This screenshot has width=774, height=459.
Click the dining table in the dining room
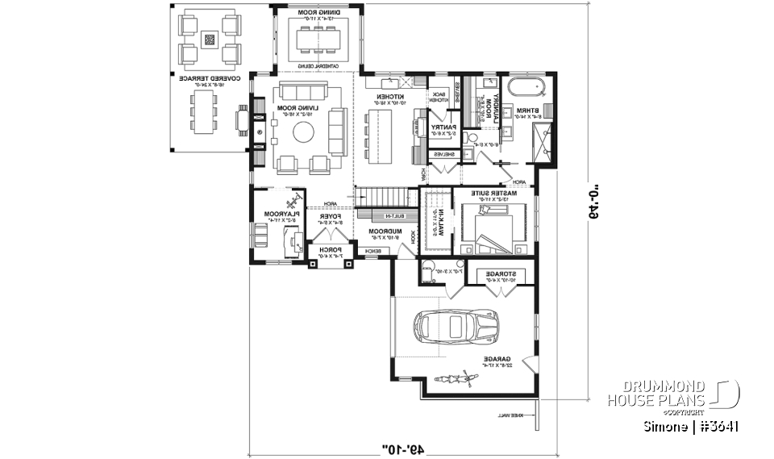pos(320,38)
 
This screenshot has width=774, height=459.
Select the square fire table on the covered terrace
pos(210,38)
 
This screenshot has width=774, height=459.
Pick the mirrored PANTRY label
pos(444,127)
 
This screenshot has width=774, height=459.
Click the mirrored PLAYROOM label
pos(280,215)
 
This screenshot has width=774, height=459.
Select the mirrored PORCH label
pos(331,251)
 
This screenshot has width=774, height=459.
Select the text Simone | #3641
pos(692,425)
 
